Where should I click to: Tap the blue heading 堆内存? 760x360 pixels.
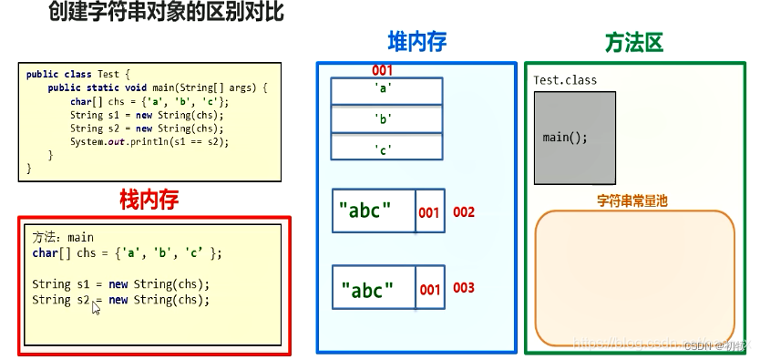coord(417,42)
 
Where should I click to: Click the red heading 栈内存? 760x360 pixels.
coord(149,198)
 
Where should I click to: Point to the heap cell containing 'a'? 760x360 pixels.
coord(386,90)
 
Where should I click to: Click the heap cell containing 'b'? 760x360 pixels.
coord(386,119)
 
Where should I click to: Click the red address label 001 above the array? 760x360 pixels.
coord(383,70)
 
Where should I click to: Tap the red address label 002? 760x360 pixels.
coord(464,212)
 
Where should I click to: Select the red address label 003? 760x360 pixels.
coord(464,288)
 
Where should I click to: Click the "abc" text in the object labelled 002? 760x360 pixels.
coord(365,211)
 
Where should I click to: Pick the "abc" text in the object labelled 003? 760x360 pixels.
coord(367,291)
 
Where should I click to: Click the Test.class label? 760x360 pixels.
coord(565,80)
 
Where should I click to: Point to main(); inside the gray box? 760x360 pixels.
coord(565,138)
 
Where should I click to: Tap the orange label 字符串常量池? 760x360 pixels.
coord(632,201)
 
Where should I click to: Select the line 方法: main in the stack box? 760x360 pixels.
coord(63,237)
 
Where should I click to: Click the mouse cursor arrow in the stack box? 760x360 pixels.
coord(95,307)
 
